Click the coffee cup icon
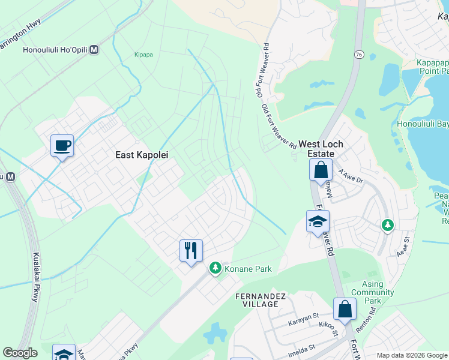(x=62, y=145)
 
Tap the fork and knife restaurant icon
(x=191, y=250)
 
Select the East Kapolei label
(x=142, y=155)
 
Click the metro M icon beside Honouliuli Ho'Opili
(x=94, y=51)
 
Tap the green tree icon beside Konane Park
(x=215, y=268)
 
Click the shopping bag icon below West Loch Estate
(x=321, y=170)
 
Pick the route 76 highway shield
(x=358, y=55)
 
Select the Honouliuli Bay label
(x=423, y=124)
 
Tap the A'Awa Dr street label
(x=351, y=176)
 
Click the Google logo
(x=20, y=353)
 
